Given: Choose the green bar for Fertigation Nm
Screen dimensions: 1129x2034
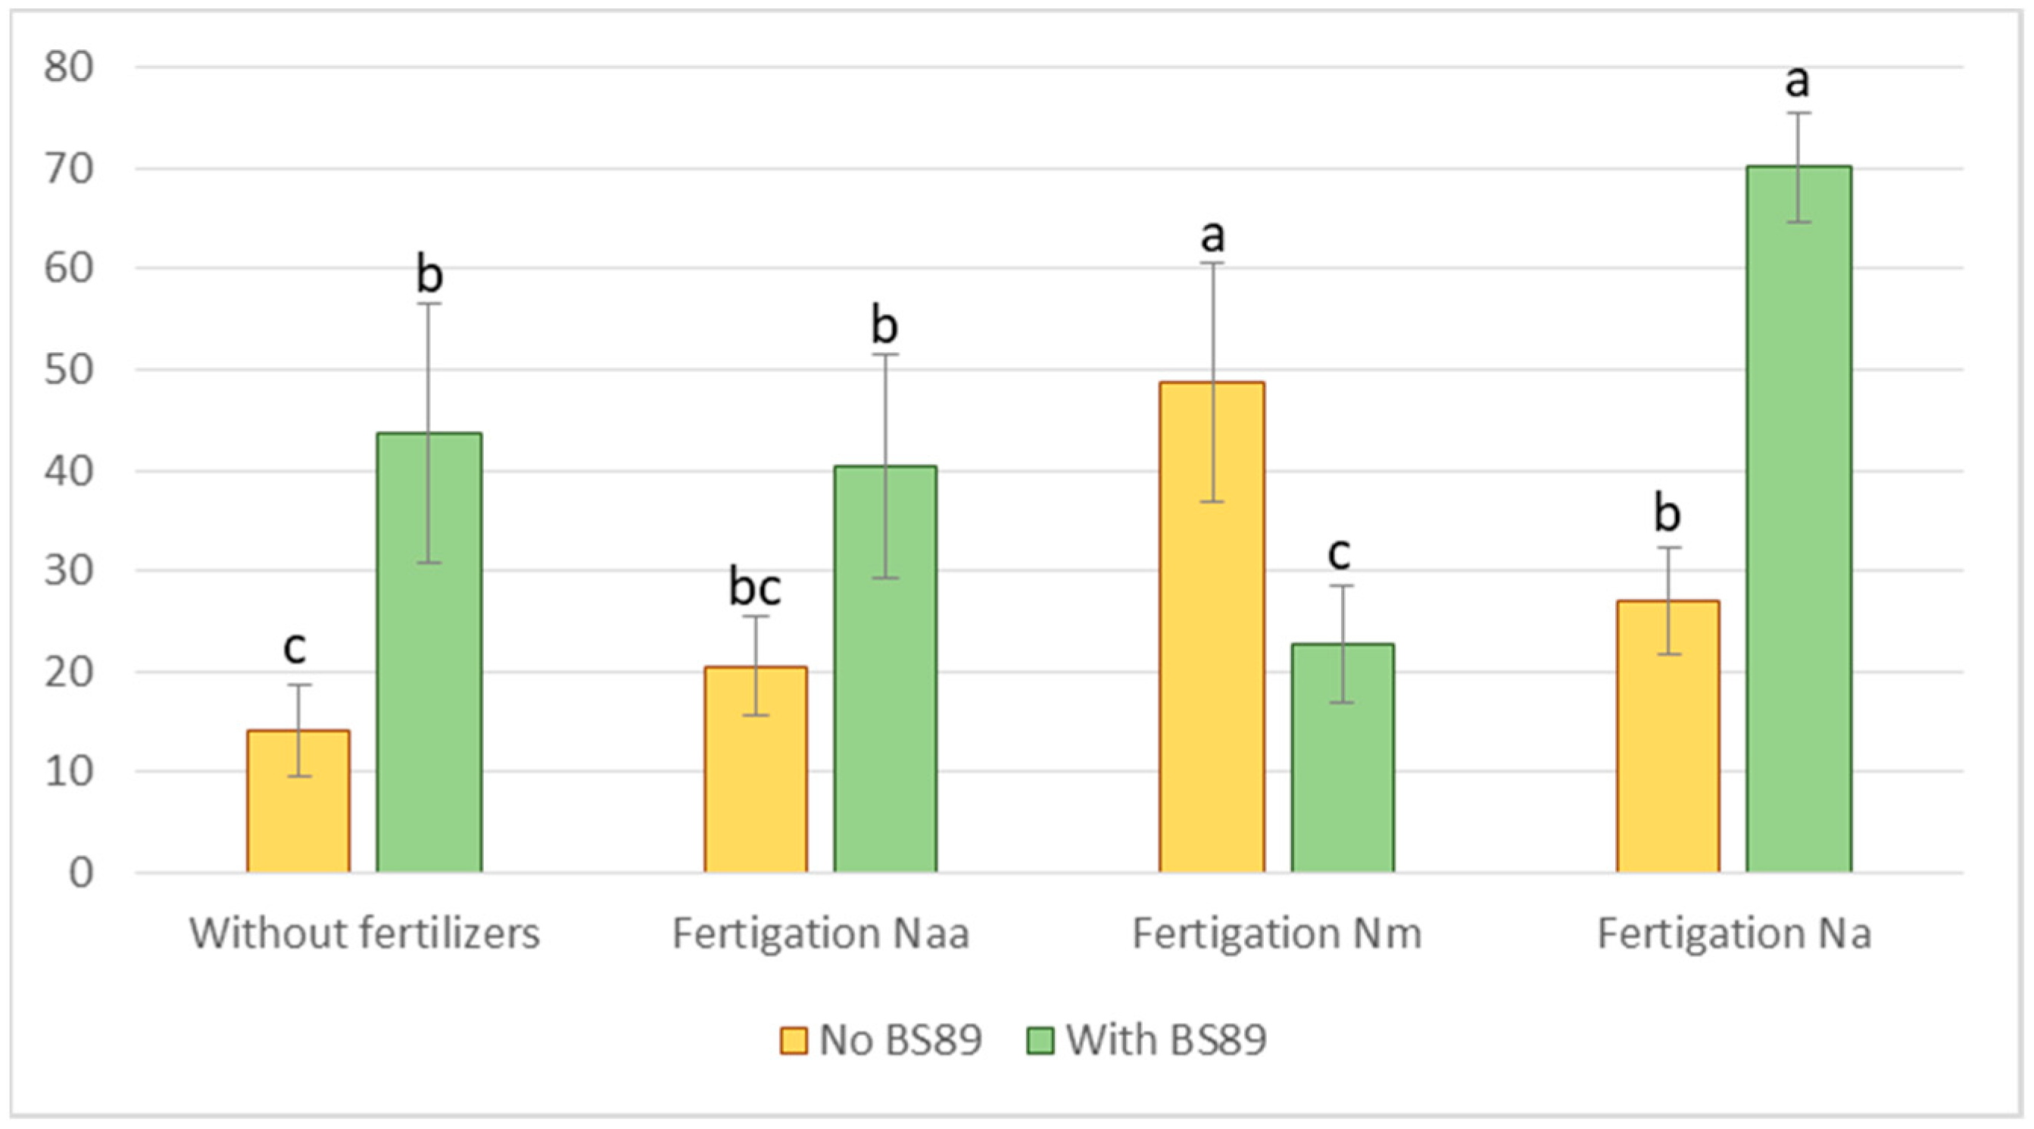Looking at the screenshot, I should tap(1343, 758).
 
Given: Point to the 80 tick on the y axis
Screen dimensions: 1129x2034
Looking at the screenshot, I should tap(69, 68).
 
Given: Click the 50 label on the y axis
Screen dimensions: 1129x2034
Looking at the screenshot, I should tap(69, 370).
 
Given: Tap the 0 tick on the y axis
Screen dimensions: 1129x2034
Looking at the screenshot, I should tap(80, 873).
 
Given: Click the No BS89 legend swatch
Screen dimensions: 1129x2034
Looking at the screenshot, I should tap(794, 1040).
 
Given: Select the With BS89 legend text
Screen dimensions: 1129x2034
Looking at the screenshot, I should tap(1166, 1040).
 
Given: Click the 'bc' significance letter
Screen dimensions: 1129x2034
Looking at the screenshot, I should tap(755, 588).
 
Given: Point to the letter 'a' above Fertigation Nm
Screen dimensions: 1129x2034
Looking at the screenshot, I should tap(1212, 235).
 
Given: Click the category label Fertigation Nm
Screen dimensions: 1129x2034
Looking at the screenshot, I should tap(1277, 934).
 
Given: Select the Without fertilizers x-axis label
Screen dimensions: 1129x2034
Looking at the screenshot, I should tap(364, 934).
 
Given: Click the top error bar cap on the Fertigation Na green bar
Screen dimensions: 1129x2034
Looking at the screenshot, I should tap(1798, 114).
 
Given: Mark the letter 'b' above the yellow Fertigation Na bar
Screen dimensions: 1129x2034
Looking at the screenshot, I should tap(1667, 513).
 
